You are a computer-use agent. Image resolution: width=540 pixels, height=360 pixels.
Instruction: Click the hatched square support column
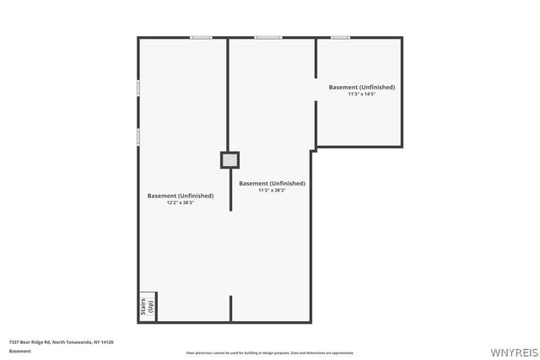point(229,159)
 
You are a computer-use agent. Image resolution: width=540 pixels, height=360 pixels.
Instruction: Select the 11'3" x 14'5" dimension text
point(361,94)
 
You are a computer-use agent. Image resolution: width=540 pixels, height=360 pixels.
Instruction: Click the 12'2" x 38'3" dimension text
point(181,202)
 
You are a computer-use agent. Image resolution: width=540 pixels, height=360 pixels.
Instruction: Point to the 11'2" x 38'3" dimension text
point(272,190)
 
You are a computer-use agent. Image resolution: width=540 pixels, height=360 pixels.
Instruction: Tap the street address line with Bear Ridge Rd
point(61,341)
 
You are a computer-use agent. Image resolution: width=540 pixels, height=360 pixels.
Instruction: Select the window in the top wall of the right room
point(340,37)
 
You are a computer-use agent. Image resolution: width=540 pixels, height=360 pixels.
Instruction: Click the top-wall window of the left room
point(201,37)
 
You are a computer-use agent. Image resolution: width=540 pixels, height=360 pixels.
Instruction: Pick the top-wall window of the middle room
point(268,37)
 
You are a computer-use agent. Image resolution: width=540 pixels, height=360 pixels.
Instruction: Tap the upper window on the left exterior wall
point(138,88)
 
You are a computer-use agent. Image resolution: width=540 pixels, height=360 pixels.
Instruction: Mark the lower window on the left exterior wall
point(138,137)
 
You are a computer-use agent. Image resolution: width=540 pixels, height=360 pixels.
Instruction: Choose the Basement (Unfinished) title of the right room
point(361,87)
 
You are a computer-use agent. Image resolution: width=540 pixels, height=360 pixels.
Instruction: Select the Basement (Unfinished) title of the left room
point(181,196)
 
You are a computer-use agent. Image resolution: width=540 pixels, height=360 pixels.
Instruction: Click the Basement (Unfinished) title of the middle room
point(272,183)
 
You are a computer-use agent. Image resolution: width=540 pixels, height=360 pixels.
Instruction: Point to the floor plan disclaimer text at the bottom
point(270,352)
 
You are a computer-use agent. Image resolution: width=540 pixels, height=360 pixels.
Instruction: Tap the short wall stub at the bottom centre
point(230,308)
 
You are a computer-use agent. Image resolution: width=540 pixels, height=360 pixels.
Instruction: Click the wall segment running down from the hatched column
point(230,189)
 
